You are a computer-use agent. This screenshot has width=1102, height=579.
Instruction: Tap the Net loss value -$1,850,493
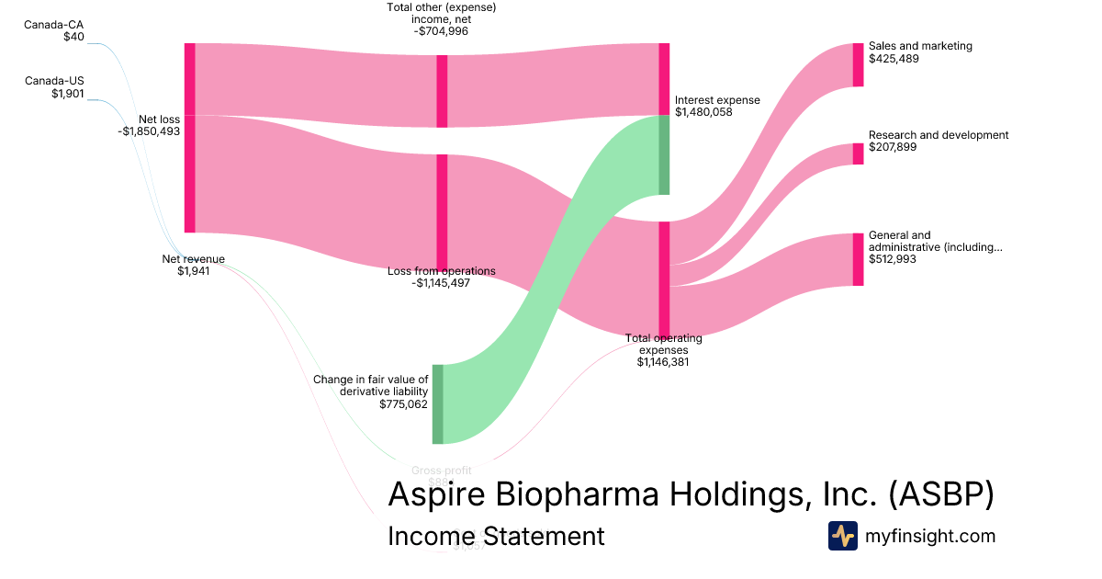(x=149, y=131)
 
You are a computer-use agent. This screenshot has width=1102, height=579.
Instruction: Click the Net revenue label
(x=193, y=259)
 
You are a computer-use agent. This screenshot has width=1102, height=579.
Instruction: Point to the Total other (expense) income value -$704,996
(x=442, y=30)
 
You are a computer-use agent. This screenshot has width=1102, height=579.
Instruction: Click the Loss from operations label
(x=442, y=271)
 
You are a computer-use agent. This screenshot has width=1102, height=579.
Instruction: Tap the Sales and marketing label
(x=920, y=46)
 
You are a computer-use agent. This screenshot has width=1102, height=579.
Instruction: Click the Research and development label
(x=938, y=135)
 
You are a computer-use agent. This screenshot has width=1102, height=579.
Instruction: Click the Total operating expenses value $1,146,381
(x=663, y=362)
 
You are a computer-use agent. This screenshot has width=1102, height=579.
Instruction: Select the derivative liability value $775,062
(x=403, y=403)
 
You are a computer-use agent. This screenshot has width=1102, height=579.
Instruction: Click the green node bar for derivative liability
(x=438, y=403)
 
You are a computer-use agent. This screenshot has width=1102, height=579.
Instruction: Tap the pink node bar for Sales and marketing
(x=858, y=64)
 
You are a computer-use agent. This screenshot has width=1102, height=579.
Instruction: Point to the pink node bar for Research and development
(x=858, y=153)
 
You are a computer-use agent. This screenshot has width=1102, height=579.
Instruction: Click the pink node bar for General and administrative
(x=858, y=259)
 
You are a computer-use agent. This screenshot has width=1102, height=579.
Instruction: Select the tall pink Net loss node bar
(x=190, y=138)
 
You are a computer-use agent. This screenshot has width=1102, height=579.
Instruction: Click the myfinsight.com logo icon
(x=842, y=536)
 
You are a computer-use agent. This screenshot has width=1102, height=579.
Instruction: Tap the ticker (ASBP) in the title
(x=941, y=494)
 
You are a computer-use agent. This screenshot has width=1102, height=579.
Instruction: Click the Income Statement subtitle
(x=496, y=536)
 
